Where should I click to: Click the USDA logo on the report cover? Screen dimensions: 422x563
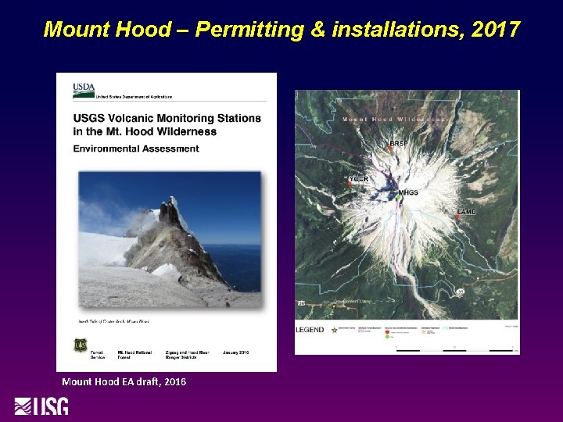tap(84, 88)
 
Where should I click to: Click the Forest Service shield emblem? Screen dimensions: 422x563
tap(81, 344)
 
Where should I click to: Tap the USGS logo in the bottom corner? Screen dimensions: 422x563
tap(41, 407)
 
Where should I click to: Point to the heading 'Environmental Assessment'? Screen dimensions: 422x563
tap(136, 148)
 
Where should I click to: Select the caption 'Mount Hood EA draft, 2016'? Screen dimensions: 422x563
tap(124, 381)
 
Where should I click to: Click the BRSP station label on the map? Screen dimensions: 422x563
tap(399, 144)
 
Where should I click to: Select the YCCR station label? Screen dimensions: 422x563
tap(359, 180)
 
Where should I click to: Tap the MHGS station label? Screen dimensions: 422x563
tap(408, 192)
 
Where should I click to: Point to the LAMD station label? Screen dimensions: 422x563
tap(467, 212)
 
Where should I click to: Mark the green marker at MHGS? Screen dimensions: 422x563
tap(397, 198)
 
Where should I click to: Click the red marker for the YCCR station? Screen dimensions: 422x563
tap(349, 184)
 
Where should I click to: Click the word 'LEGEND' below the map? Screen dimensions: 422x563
tap(310, 330)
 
